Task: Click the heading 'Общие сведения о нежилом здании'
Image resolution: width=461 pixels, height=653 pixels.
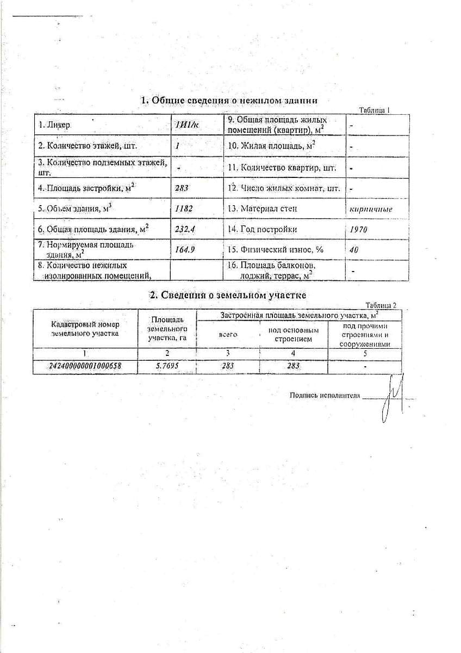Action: point(229,101)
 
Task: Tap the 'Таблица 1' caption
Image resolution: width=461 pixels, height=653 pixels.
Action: point(375,110)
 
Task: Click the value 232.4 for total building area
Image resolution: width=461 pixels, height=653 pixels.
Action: point(185,230)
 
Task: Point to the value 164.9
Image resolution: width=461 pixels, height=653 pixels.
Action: point(185,250)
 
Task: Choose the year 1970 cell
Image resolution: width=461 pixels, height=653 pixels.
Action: point(359,230)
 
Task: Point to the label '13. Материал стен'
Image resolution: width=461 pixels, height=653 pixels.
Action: point(263,208)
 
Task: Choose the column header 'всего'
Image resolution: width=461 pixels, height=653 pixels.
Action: point(228,334)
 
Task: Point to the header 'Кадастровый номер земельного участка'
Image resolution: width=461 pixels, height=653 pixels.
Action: point(85,329)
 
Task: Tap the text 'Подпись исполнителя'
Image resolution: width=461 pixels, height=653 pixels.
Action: point(325,396)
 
